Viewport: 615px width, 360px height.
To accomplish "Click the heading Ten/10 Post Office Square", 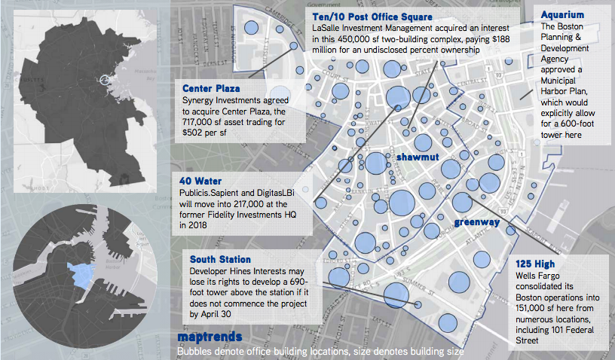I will (372, 17).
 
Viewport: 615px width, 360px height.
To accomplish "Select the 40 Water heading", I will (200, 181).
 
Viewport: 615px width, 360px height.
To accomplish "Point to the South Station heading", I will (220, 260).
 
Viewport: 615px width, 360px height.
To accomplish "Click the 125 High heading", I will (536, 264).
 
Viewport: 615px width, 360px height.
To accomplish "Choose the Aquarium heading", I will (565, 14).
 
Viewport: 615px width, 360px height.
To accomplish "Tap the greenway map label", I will (476, 221).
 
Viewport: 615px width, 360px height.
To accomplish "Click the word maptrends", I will (210, 337).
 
